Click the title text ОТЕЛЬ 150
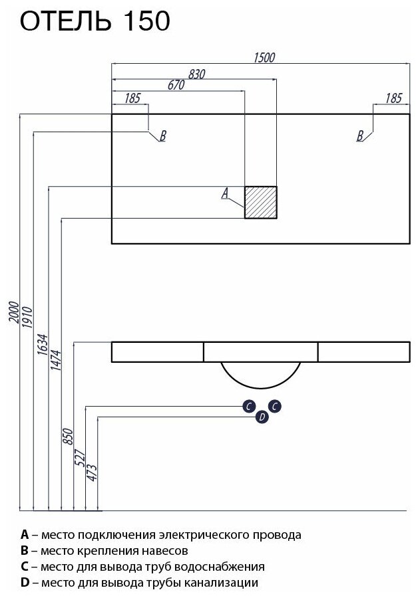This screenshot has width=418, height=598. point(95,22)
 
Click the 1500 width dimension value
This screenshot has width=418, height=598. point(264,57)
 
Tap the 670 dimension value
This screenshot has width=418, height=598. point(176,85)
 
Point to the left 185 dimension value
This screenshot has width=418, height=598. point(132,98)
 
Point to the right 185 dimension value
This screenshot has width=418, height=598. point(393,98)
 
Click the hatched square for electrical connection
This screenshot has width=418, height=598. point(260,202)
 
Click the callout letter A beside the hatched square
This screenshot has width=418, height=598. point(225,193)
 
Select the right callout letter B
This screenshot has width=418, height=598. point(360,136)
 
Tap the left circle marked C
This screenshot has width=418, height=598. point(248,406)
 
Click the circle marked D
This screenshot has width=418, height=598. point(262,417)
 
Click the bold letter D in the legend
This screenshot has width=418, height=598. point(25,583)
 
